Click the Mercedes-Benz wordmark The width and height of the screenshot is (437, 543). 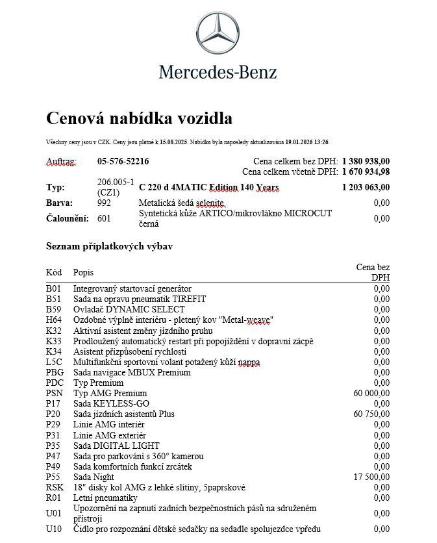(x=218, y=71)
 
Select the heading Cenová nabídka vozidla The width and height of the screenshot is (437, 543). (x=139, y=118)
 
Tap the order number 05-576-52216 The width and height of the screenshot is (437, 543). (x=123, y=161)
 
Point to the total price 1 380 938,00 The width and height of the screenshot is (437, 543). (x=366, y=161)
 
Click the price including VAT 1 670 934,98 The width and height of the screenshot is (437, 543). (x=366, y=171)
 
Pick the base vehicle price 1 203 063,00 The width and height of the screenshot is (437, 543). (x=366, y=188)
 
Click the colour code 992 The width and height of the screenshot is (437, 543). (x=104, y=203)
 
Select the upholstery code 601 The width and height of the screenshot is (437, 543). (x=104, y=218)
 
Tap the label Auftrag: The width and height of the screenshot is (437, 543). (x=61, y=161)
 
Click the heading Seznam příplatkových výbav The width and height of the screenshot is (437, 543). (x=109, y=247)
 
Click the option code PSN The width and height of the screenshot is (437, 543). (x=55, y=393)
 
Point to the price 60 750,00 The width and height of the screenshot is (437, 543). (x=371, y=414)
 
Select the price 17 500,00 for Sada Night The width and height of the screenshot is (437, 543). (x=371, y=477)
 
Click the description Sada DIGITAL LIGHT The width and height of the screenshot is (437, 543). (x=116, y=446)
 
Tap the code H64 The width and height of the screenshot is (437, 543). (x=54, y=320)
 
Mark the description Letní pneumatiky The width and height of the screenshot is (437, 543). (x=105, y=498)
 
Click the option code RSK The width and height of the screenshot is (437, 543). (x=55, y=487)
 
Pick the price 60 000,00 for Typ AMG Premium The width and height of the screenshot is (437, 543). (x=371, y=393)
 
